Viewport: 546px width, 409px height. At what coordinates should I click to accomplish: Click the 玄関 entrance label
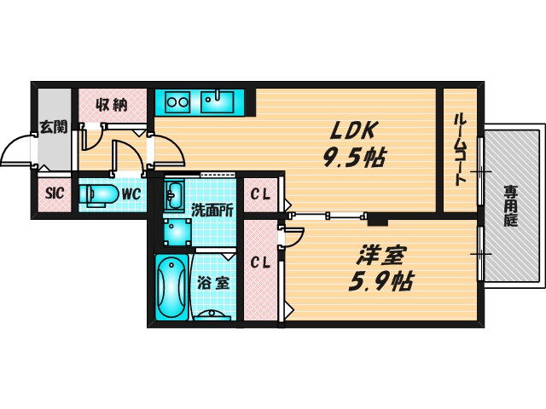[54, 128]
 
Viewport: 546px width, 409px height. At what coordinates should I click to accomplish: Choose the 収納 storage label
[111, 105]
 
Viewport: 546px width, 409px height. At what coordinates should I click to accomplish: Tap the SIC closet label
[54, 193]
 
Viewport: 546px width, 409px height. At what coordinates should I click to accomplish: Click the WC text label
[131, 193]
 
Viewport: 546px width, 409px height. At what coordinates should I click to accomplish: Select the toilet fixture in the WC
[98, 194]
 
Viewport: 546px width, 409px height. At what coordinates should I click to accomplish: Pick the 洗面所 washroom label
[211, 209]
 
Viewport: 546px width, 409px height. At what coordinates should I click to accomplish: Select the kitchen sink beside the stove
[220, 102]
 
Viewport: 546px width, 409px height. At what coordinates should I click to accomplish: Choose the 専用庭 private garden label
[510, 204]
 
